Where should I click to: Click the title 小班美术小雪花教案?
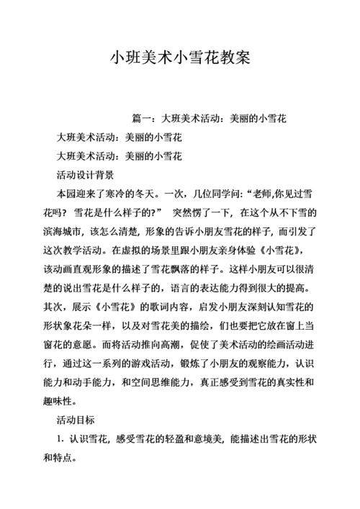[x=180, y=58]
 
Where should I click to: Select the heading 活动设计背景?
[x=84, y=175]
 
